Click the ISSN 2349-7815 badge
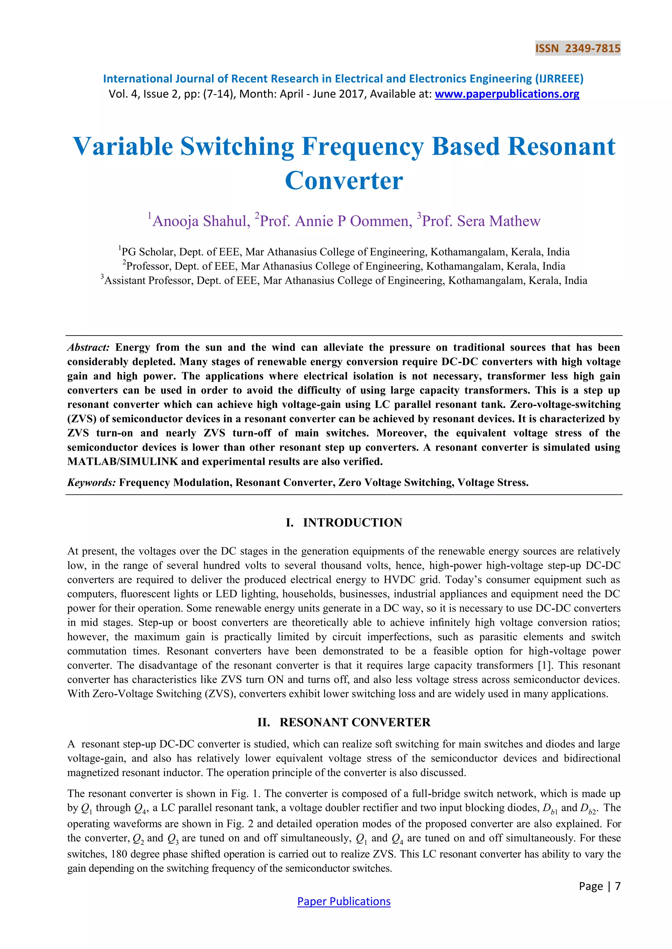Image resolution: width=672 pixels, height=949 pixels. click(577, 48)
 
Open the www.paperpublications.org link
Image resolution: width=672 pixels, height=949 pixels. click(507, 94)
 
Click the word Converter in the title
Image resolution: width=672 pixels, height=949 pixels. click(344, 181)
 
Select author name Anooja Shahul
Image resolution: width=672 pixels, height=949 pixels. click(201, 221)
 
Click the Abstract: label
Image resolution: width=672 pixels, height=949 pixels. click(88, 347)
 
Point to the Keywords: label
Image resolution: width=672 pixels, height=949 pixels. click(92, 482)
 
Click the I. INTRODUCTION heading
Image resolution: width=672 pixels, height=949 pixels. click(344, 522)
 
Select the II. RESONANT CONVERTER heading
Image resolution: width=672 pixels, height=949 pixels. click(344, 722)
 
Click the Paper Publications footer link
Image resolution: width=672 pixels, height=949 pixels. click(344, 901)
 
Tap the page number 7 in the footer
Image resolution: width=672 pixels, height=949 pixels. click(618, 886)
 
